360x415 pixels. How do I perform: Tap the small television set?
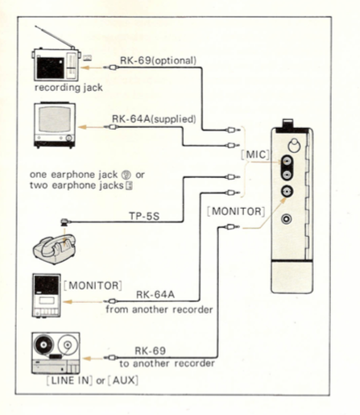(55, 125)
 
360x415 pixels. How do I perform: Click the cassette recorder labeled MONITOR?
(47, 296)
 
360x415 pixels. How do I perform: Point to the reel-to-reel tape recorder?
(56, 353)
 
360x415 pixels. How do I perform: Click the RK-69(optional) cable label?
(158, 60)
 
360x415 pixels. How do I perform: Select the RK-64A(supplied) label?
(154, 118)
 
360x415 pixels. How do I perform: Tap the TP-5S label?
(144, 216)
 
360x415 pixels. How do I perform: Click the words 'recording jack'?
(68, 88)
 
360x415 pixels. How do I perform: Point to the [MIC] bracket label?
(254, 155)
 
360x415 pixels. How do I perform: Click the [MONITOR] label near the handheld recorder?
(236, 211)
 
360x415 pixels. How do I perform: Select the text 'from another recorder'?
(159, 309)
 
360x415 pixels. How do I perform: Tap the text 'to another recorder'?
(167, 363)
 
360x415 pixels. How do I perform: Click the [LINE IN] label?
(69, 380)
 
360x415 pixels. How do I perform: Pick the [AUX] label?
(123, 380)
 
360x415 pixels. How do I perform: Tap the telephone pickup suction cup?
(64, 222)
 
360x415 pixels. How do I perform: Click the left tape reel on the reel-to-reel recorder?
(43, 344)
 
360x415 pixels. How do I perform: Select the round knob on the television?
(69, 138)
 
